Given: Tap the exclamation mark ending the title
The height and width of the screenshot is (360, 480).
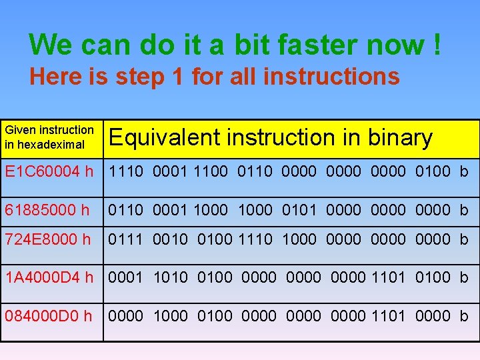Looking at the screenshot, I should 436,45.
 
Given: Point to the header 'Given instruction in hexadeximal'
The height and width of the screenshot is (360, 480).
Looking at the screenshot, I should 49,137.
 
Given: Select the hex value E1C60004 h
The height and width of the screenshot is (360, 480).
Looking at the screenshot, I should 49,173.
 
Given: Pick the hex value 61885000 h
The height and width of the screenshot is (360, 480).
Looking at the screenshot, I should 47,211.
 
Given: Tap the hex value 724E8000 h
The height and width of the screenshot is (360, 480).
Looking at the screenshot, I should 47,239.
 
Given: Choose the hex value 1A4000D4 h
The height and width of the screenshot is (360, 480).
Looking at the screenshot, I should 49,277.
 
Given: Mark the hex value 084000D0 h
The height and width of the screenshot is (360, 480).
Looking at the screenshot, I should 49,315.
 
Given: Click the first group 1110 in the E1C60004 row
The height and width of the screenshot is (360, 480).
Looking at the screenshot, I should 126,173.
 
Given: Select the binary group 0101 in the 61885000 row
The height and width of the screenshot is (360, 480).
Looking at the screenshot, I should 299,211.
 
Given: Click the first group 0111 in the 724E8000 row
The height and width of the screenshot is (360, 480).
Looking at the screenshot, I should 125,239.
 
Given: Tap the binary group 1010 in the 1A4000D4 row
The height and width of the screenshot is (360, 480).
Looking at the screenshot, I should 170,277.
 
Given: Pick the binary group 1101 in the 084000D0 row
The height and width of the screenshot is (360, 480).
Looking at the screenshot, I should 388,315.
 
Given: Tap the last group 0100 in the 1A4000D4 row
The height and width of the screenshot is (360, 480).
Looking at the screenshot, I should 433,277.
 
